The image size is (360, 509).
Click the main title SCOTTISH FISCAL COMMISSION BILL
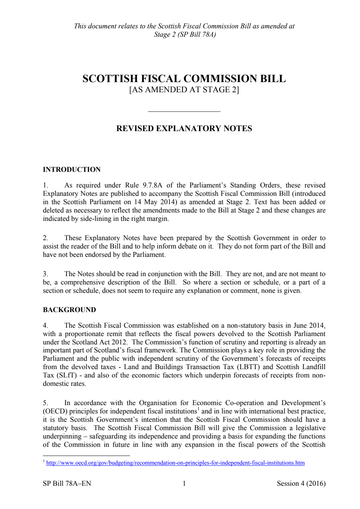(184, 78)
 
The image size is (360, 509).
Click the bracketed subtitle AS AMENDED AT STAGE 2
(184, 90)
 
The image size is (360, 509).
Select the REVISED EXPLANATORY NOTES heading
(184, 128)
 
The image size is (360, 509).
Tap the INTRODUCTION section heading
(72, 170)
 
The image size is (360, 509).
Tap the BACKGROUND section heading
(69, 310)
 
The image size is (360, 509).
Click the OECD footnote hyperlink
(175, 463)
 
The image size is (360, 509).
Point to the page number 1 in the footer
(184, 483)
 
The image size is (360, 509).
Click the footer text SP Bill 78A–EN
(67, 483)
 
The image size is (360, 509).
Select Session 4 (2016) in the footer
(301, 483)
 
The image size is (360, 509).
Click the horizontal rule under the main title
(184, 111)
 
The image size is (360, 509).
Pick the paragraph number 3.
(45, 274)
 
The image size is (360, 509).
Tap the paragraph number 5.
(45, 403)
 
